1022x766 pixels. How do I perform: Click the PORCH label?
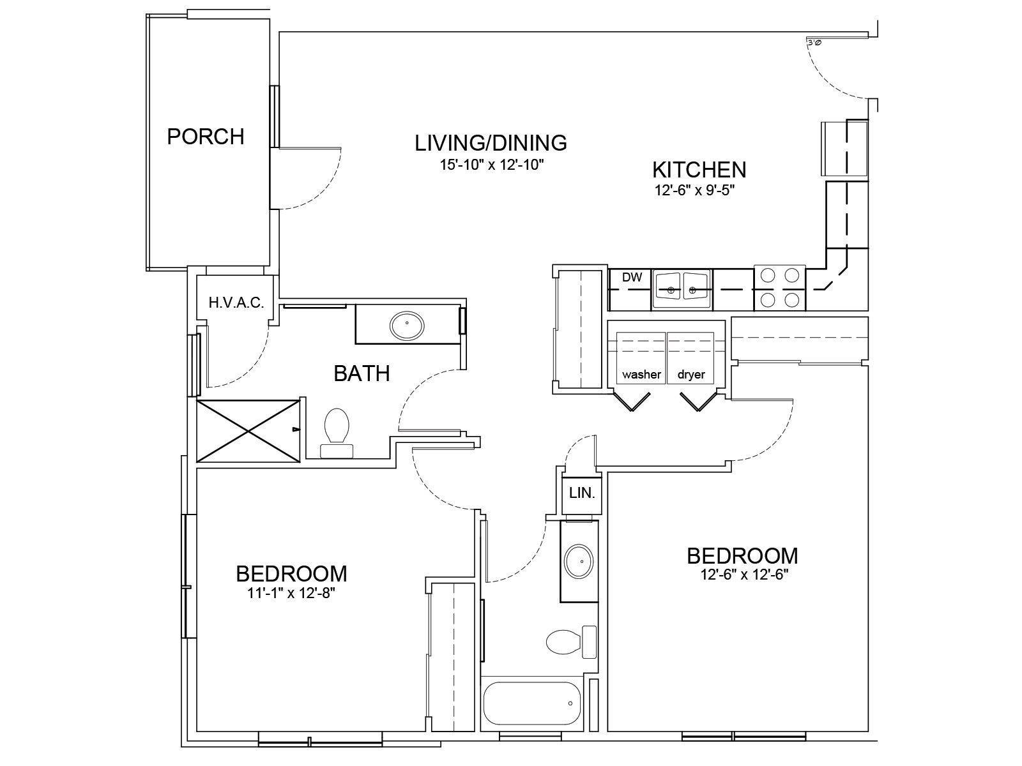(205, 137)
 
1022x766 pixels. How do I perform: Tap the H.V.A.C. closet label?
(236, 303)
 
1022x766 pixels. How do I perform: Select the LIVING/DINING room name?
(491, 143)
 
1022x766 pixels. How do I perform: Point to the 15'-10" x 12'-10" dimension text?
(492, 165)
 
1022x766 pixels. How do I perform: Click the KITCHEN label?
(699, 170)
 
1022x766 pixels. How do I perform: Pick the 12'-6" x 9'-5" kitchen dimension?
(695, 191)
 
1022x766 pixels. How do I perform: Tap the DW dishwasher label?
(632, 278)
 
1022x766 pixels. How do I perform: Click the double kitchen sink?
(682, 289)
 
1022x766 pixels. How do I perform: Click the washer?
(641, 357)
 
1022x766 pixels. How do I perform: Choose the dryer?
(690, 357)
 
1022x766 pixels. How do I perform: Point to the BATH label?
(362, 374)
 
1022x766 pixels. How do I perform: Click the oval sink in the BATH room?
(407, 325)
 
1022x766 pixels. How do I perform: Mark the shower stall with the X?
(248, 431)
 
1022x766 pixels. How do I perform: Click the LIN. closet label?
(582, 493)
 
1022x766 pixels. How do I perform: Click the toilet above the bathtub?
(571, 642)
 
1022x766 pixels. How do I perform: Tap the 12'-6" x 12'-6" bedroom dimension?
(744, 575)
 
